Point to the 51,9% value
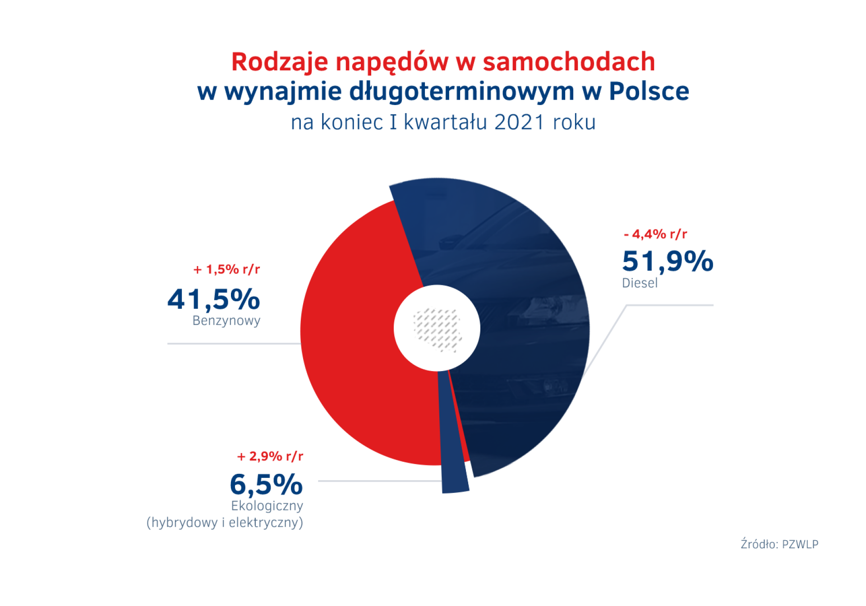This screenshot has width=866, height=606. [x=668, y=261]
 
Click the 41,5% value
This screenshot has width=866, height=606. [x=214, y=299]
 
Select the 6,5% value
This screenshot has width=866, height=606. [x=266, y=485]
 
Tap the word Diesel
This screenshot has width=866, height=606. [x=640, y=283]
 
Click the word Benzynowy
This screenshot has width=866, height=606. [x=226, y=321]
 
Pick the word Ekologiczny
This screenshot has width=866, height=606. [x=267, y=506]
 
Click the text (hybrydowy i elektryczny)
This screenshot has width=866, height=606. [x=225, y=523]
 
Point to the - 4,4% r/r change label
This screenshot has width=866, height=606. [x=655, y=234]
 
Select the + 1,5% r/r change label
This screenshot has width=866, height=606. [x=226, y=269]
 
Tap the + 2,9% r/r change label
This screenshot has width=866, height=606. [x=270, y=456]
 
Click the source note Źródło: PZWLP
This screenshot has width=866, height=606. [x=779, y=544]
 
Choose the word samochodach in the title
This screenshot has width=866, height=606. [x=569, y=62]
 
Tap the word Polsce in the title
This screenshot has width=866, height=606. [x=649, y=91]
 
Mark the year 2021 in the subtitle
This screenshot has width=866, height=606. [x=519, y=122]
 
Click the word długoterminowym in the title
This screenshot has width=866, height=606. [x=462, y=92]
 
